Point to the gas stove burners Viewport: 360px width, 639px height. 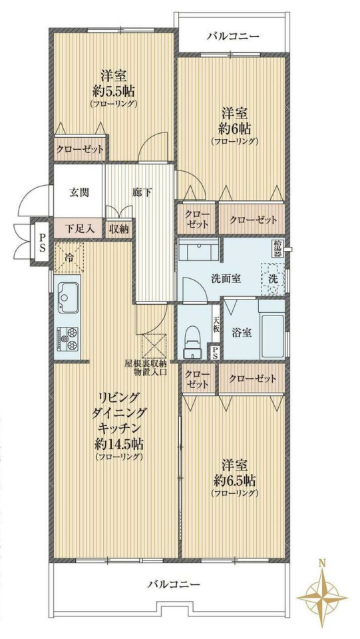[x=67, y=338]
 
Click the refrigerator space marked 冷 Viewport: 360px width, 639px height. [x=69, y=257]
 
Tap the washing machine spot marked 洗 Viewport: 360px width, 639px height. [x=273, y=279]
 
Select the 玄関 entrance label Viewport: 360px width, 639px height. [x=79, y=192]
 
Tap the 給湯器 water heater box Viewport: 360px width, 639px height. [x=278, y=248]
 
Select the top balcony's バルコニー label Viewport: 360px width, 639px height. [x=232, y=37]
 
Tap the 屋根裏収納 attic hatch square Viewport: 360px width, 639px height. [x=154, y=346]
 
